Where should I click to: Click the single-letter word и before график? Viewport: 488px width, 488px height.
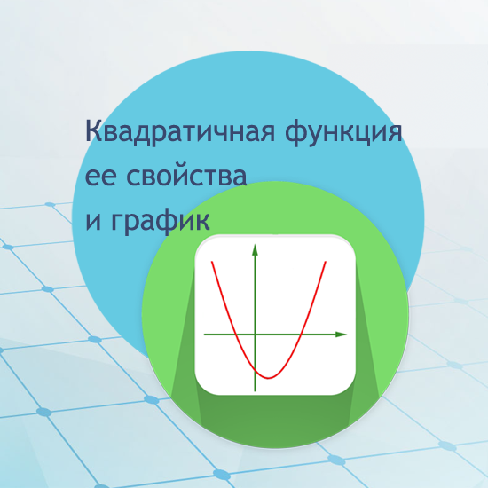pyautogui.click(x=92, y=218)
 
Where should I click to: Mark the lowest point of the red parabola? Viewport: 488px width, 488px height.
pyautogui.click(x=269, y=377)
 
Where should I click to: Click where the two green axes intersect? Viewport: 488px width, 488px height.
pyautogui.click(x=255, y=335)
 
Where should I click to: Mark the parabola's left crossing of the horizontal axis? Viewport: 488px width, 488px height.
pyautogui.click(x=234, y=335)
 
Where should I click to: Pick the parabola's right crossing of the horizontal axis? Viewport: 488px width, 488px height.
pyautogui.click(x=303, y=335)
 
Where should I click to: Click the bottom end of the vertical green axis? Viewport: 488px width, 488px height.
pyautogui.click(x=255, y=390)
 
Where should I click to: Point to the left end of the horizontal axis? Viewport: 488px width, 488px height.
pyautogui.click(x=205, y=335)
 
